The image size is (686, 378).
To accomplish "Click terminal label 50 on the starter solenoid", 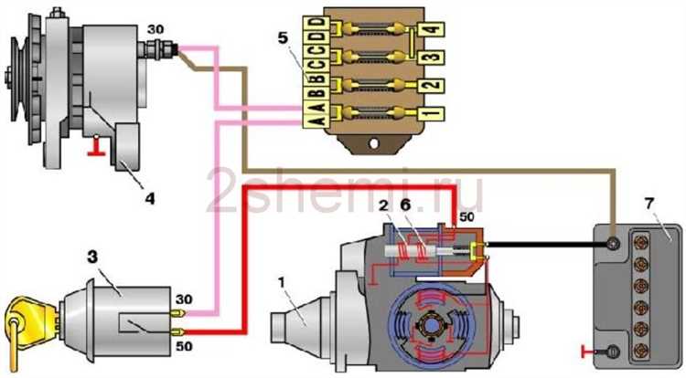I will pyautogui.click(x=468, y=216).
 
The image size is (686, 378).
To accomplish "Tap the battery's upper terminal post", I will pyautogui.click(x=612, y=245).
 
